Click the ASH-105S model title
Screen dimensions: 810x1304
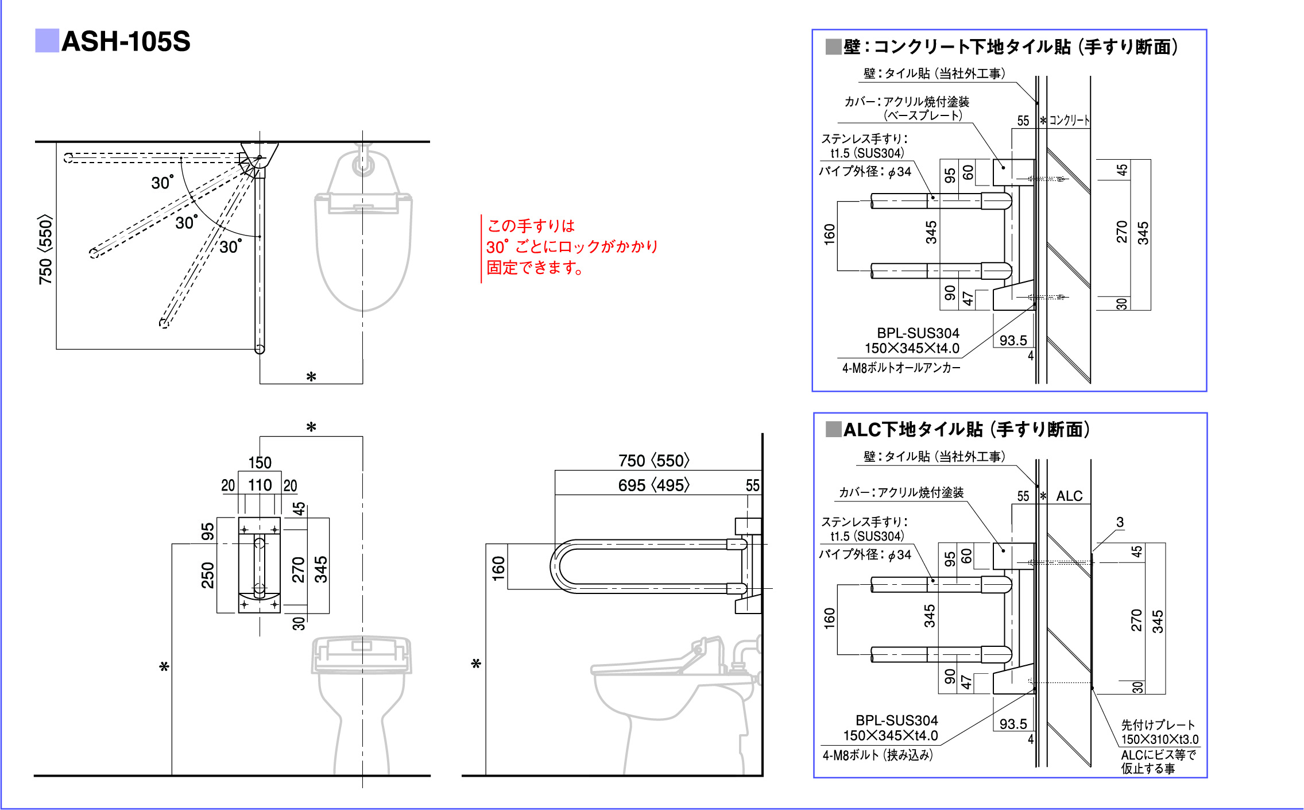pyautogui.click(x=126, y=41)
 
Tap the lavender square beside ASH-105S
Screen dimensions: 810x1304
pyautogui.click(x=47, y=41)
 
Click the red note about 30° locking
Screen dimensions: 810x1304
pyautogui.click(x=571, y=246)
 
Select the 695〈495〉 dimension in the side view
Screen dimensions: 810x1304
pyautogui.click(x=653, y=485)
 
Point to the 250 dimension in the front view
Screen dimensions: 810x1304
pyautogui.click(x=207, y=575)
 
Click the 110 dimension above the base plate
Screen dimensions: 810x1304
pyautogui.click(x=260, y=485)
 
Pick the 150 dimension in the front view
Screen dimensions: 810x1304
pyautogui.click(x=260, y=462)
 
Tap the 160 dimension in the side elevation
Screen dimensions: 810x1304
pyautogui.click(x=498, y=568)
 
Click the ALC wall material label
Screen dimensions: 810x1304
pyautogui.click(x=1069, y=496)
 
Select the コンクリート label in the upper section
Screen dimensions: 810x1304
pyautogui.click(x=1069, y=120)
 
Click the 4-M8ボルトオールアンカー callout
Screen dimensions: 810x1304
pyautogui.click(x=901, y=368)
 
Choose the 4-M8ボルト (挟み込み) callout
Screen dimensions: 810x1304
pyautogui.click(x=877, y=755)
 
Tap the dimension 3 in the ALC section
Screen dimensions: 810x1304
pyautogui.click(x=1120, y=522)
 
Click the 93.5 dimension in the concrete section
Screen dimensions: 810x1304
pyautogui.click(x=1013, y=340)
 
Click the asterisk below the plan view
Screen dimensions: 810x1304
pyautogui.click(x=311, y=377)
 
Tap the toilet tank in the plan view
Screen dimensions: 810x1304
pyautogui.click(x=363, y=172)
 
